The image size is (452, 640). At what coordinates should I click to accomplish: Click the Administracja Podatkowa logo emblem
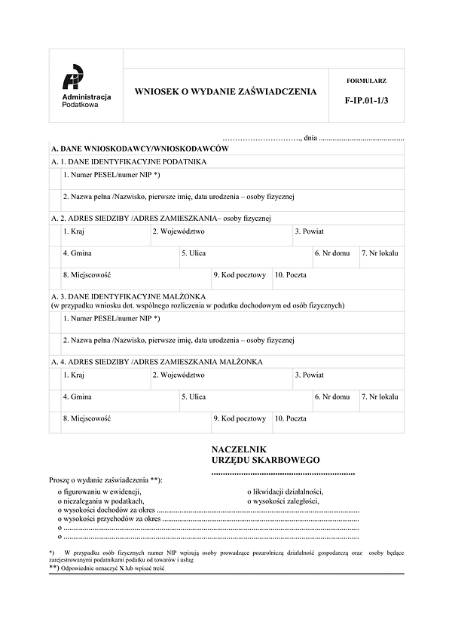pos(73,78)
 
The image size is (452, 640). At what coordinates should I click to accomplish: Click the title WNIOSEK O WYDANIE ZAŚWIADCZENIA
pos(225,92)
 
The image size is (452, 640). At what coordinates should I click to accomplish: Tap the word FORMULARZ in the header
pos(366,80)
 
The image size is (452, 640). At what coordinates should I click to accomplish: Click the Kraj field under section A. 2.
pos(105,235)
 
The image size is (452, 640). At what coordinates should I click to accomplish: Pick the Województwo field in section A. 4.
pos(221,378)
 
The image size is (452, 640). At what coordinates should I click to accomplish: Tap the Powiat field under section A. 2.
pos(347,235)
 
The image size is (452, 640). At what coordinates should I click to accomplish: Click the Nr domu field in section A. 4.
pos(334,401)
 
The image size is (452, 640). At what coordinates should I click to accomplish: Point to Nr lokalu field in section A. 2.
pos(380,258)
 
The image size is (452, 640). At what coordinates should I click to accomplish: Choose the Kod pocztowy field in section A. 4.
pos(240,422)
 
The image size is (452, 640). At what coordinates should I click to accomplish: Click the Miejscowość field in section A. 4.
pos(136,422)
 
